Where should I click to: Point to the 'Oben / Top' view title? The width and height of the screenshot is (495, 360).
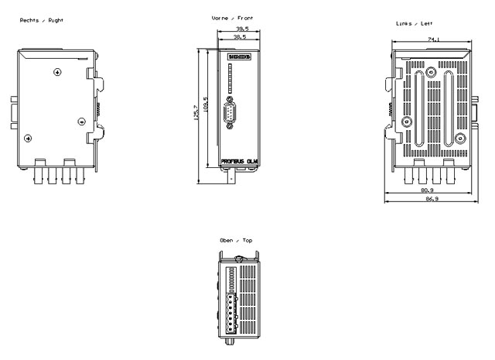235,240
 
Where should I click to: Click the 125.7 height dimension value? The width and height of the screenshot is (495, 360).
197,113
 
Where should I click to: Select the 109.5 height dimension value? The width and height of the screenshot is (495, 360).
205,104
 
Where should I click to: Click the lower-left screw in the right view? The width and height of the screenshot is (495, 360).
29,139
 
